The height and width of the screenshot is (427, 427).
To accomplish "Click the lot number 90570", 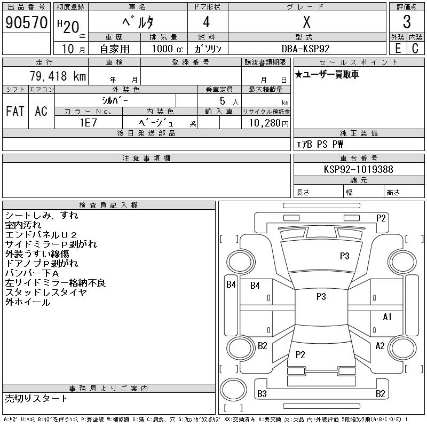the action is click(x=26, y=22).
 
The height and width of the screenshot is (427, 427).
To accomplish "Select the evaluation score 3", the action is click(x=407, y=22).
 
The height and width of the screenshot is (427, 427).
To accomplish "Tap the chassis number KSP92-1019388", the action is click(x=359, y=169).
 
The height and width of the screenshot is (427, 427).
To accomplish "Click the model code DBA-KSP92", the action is click(x=306, y=48).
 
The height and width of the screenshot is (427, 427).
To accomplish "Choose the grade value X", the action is click(x=306, y=22).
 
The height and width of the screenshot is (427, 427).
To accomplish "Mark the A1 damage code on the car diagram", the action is click(x=388, y=317).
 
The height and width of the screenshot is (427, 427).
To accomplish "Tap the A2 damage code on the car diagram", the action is click(x=380, y=346).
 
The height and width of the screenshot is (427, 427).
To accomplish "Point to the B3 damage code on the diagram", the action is click(x=262, y=394).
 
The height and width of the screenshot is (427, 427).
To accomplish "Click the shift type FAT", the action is click(x=15, y=111).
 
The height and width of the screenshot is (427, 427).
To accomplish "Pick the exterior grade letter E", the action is click(x=398, y=48).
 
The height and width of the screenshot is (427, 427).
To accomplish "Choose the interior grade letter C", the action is click(x=415, y=48).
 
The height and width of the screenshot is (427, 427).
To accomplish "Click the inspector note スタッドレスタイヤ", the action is click(x=46, y=292).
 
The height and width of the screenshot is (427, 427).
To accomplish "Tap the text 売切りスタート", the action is click(x=37, y=399).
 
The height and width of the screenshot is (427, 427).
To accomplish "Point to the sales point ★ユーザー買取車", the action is click(x=327, y=75).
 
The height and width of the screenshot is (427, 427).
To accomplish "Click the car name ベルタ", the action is click(x=138, y=22).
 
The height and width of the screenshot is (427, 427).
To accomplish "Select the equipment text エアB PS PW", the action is click(x=320, y=144).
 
